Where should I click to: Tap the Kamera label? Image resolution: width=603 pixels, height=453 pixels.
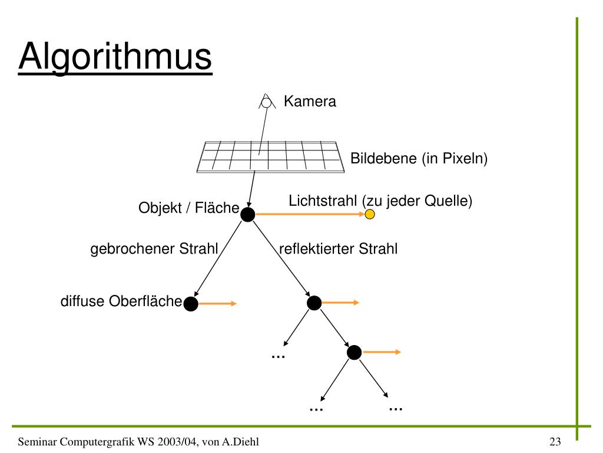point(310,101)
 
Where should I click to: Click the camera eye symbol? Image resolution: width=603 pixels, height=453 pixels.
point(266,102)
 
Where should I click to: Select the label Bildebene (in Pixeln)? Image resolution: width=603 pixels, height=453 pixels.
point(419,159)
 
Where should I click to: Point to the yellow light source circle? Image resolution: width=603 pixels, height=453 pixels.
point(370,214)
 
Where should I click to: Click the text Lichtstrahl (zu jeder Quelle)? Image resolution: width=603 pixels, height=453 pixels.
point(381,201)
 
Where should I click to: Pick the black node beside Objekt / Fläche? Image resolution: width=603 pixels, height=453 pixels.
point(248,215)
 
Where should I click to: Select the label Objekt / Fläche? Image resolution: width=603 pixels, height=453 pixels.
point(188,208)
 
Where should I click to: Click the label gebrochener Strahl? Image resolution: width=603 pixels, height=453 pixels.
point(154,249)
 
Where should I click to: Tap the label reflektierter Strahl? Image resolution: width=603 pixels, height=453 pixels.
point(338,249)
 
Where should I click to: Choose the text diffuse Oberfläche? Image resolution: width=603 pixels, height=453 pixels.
point(121,301)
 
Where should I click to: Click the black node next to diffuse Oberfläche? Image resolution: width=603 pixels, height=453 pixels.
point(191,304)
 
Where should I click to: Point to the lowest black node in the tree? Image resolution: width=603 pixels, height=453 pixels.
point(354,352)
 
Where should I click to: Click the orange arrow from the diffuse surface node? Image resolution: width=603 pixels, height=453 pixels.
point(217,304)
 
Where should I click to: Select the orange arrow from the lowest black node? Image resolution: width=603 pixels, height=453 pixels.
point(382,352)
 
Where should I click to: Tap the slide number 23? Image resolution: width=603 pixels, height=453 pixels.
point(555,441)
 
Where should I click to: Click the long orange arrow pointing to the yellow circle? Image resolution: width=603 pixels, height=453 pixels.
point(309,215)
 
